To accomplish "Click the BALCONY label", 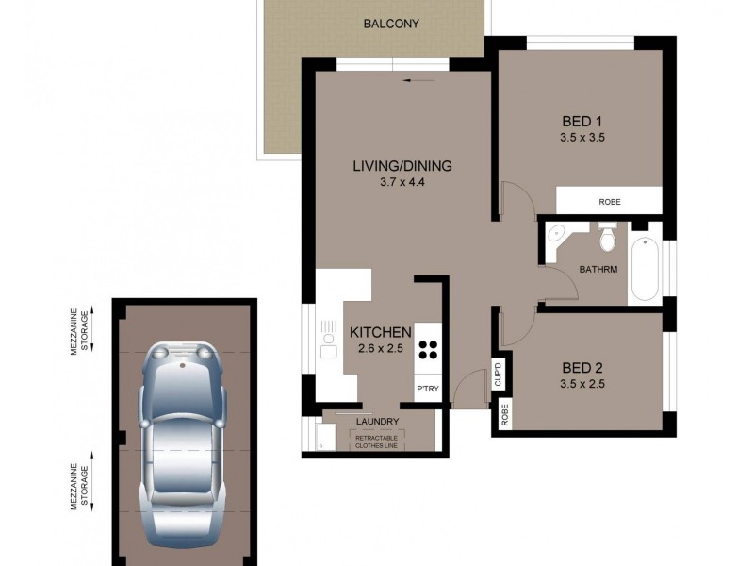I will tap(391, 24).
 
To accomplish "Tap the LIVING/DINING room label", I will tap(402, 166).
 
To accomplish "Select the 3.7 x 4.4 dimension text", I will tap(402, 184).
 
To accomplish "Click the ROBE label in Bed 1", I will tap(610, 202).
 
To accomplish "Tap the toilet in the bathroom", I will tap(608, 238).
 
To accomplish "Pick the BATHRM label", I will tap(598, 270).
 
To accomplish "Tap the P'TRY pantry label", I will tap(428, 389).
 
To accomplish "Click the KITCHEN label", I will tap(380, 332).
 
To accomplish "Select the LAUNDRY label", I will tap(378, 422).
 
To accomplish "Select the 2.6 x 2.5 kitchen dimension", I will tap(380, 349).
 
